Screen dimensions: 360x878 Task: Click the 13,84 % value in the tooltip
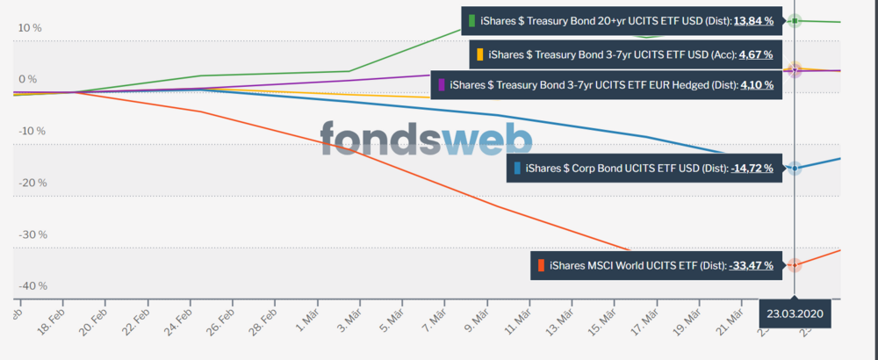[755, 20]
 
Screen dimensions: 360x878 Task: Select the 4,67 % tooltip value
[755, 54]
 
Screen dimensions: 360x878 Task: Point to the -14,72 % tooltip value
[752, 168]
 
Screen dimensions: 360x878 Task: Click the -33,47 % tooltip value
[752, 265]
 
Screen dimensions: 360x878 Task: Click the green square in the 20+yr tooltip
[472, 20]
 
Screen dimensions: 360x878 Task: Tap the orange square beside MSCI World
[542, 265]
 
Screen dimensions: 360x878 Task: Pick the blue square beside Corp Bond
[518, 168]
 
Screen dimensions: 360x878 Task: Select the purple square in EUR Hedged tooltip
[441, 85]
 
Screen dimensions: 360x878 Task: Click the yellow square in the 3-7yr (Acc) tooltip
[479, 54]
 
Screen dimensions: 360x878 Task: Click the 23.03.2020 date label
[794, 313]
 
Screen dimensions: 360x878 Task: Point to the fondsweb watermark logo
[426, 139]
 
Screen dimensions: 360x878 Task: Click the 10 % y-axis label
[30, 28]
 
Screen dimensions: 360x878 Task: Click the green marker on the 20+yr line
[795, 20]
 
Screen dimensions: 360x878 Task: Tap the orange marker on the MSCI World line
[795, 265]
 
